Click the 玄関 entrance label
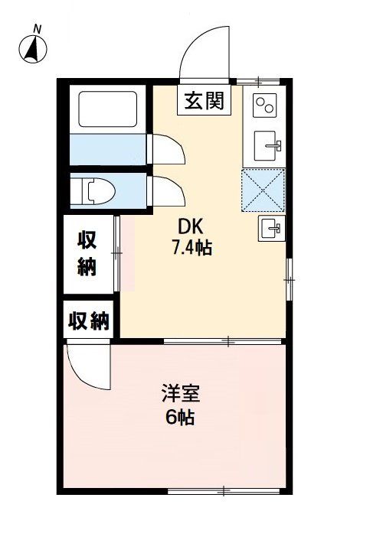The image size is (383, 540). tap(205, 100)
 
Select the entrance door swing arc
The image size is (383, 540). tap(205, 52)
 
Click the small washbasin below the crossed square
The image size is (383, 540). tap(270, 226)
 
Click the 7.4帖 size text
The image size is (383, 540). tap(192, 248)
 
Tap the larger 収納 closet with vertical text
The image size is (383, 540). tap(87, 254)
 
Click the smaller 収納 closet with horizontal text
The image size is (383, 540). tap(88, 321)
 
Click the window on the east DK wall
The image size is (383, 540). tap(289, 279)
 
